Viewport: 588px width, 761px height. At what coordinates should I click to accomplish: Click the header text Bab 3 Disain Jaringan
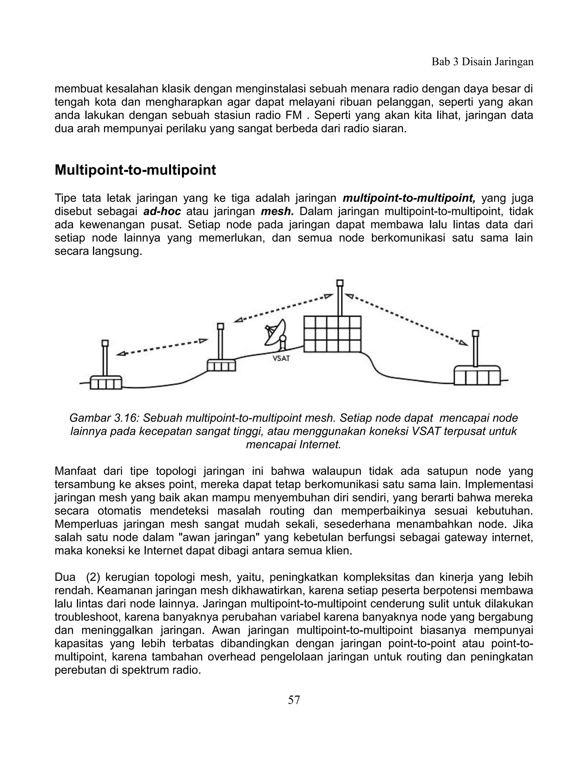(x=482, y=62)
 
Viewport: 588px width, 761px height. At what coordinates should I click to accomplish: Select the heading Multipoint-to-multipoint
(x=135, y=170)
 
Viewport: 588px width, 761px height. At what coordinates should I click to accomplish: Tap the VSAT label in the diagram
(x=281, y=358)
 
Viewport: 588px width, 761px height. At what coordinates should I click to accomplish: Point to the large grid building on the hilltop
(x=332, y=334)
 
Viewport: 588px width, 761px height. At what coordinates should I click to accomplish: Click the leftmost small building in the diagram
(x=106, y=382)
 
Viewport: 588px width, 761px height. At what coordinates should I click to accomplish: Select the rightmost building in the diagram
(x=477, y=375)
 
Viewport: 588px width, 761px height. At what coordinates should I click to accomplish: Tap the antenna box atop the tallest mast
(x=340, y=283)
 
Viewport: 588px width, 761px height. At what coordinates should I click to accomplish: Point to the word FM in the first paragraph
(x=293, y=115)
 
